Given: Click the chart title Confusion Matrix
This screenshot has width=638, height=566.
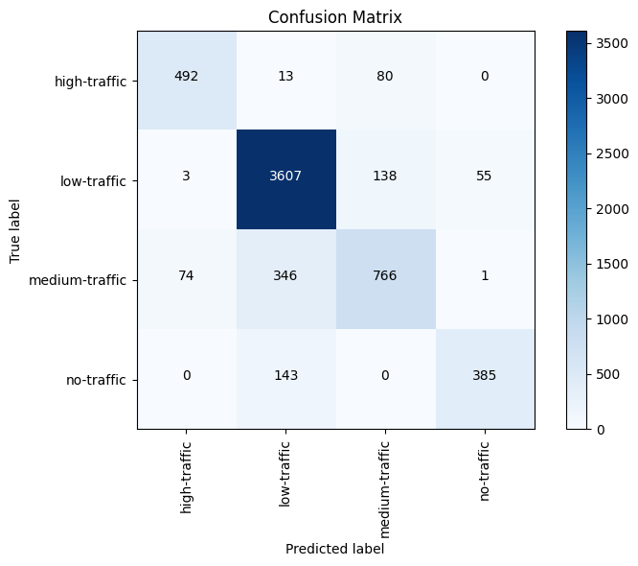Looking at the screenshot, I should coord(335,17).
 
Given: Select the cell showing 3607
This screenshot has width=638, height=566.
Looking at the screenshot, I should coord(286,180).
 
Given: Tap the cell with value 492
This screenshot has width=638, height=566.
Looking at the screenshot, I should coord(187,81).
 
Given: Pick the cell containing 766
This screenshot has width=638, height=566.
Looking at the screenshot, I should coord(386,279).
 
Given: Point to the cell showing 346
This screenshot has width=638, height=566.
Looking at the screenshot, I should coord(286,279).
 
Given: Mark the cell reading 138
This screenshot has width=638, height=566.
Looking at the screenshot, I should coord(386,180).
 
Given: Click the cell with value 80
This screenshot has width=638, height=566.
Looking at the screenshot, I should coord(386,81).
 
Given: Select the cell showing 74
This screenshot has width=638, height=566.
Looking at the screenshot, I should coord(187,279).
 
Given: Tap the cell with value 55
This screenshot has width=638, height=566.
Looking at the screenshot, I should coord(485,180).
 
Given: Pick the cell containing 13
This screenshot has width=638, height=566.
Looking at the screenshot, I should coord(286,81).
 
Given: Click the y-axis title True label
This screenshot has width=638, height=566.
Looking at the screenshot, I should coord(15,229).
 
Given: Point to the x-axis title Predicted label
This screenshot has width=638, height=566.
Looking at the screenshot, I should coord(335,550).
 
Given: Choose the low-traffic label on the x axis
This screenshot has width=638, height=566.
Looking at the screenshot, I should coord(286,471).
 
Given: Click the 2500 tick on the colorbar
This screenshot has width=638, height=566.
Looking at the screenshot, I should coord(608,153).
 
